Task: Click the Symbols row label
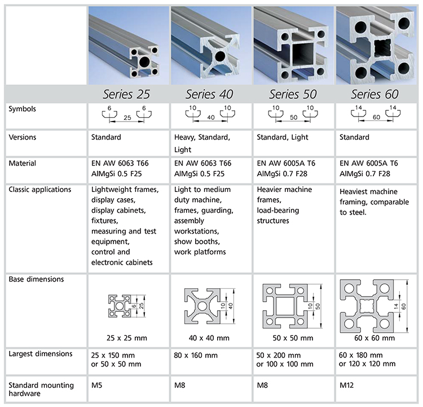point(24,109)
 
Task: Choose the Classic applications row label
point(39,190)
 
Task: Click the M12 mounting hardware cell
point(347,386)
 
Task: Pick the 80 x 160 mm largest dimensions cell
point(196,355)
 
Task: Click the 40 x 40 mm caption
point(209,338)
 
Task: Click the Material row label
point(23,163)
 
